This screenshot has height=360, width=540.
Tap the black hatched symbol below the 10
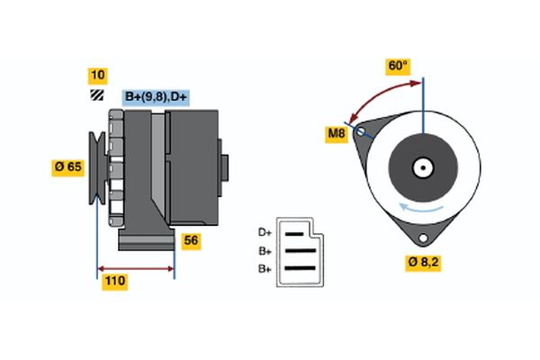tap(96, 94)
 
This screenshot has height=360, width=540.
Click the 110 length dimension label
tap(114, 282)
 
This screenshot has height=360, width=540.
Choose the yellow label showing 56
tap(192, 240)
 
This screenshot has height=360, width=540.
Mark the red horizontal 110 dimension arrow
tap(136, 267)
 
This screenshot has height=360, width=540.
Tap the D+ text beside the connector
tap(265, 232)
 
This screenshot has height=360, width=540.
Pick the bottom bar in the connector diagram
tap(301, 268)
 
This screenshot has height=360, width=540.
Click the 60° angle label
tap(398, 66)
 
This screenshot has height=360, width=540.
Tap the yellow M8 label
tap(336, 135)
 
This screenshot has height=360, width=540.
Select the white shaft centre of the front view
tap(422, 166)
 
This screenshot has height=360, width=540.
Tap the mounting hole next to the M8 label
tap(361, 131)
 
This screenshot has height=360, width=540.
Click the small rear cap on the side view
tap(224, 169)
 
